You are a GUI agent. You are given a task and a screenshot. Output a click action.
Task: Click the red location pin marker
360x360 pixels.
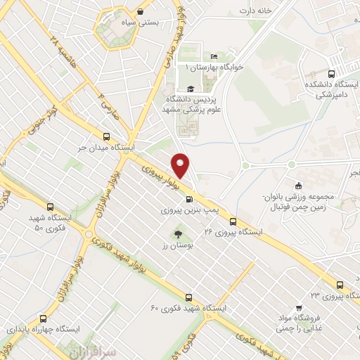[181, 165]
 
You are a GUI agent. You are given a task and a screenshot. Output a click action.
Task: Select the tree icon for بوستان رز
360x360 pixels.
[177, 235]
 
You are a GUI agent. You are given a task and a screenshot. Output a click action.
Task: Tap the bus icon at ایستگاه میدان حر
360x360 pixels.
[106, 137]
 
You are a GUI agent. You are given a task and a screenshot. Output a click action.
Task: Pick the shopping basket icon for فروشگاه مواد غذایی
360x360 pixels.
[300, 307]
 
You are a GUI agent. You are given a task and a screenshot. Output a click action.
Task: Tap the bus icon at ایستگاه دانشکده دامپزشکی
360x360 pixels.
[331, 72]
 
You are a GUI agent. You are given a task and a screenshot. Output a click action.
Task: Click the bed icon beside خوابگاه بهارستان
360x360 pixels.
[214, 57]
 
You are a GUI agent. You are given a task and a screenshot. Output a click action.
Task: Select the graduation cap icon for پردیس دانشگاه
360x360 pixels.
[191, 87]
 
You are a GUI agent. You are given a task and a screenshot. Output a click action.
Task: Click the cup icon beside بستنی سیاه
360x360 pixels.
[142, 11]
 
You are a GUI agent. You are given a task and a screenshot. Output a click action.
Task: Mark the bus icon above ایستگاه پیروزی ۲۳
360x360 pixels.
[340, 285]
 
